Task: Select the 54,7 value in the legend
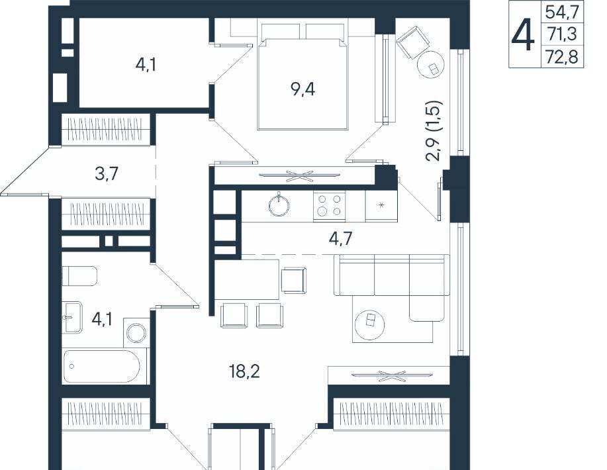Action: click(x=562, y=13)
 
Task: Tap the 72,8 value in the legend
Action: click(x=562, y=58)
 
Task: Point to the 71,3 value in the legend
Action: click(x=562, y=34)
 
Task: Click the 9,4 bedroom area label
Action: click(x=303, y=89)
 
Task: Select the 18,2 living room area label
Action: click(x=244, y=371)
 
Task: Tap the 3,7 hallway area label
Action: click(x=107, y=174)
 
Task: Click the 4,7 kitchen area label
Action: click(x=341, y=238)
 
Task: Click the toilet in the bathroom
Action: click(x=79, y=276)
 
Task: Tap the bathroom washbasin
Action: click(x=73, y=318)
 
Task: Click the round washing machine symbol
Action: click(x=136, y=332)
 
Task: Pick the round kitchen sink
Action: click(x=279, y=205)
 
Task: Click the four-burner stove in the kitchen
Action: click(x=329, y=206)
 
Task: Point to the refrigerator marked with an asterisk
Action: click(x=381, y=206)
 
